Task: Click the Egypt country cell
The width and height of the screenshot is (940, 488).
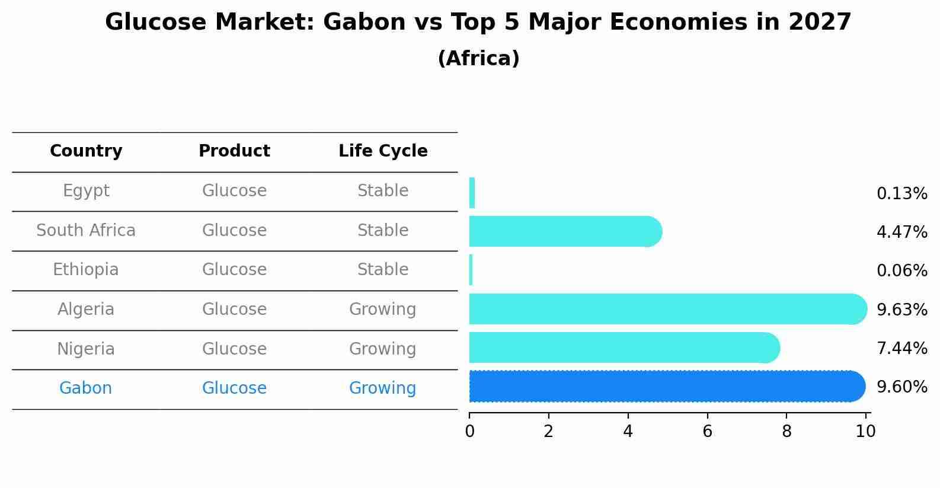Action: point(86,191)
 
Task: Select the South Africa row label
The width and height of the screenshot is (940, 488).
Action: point(86,231)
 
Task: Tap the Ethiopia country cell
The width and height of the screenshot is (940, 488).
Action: point(86,270)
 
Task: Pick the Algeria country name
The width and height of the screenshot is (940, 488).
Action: point(86,310)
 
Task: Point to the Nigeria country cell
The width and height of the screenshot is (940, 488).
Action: point(86,349)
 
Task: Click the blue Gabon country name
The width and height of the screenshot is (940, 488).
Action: point(86,388)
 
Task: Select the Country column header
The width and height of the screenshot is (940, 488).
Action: point(86,151)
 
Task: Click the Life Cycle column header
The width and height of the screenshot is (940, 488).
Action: point(383,151)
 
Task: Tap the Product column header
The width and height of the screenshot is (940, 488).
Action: point(234,151)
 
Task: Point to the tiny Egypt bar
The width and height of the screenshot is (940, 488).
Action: point(472,193)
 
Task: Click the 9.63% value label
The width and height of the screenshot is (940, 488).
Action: point(901,310)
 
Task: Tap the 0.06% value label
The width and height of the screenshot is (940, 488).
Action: point(901,271)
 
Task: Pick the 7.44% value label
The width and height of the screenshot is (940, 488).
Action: point(901,348)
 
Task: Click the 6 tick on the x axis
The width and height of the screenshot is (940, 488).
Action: point(707,432)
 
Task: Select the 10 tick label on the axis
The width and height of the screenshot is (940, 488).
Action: point(865,432)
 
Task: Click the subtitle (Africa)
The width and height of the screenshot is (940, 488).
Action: point(478,59)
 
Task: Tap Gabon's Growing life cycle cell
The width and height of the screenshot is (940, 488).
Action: point(382,388)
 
